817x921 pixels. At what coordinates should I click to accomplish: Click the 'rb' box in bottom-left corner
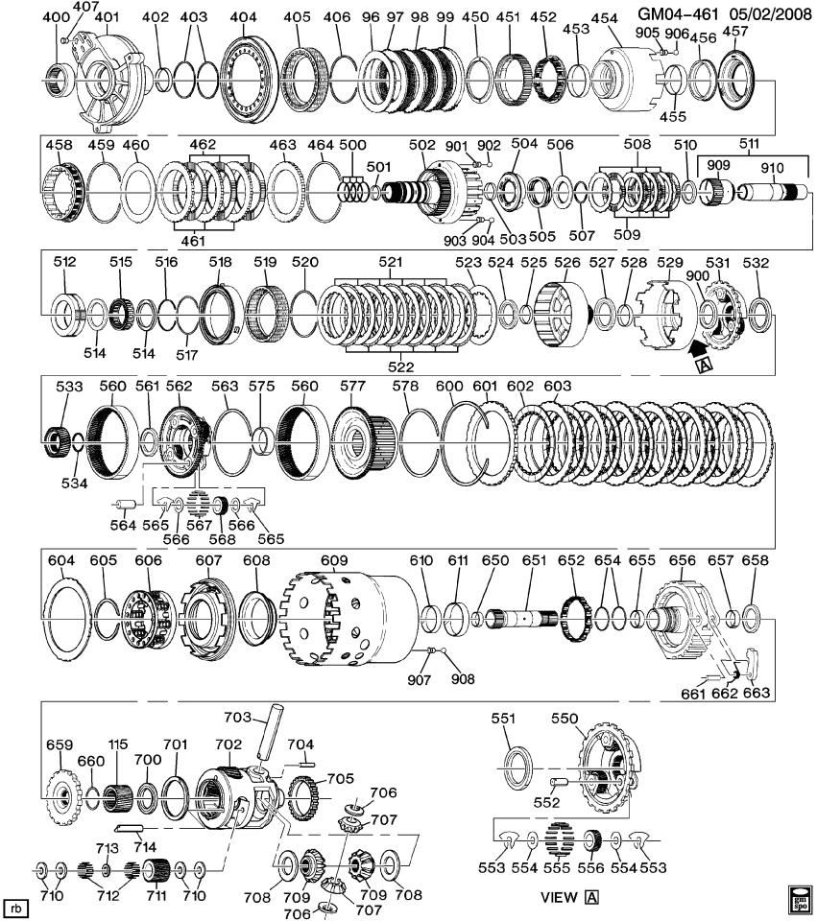[x=15, y=907]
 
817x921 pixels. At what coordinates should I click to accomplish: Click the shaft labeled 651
[x=524, y=620]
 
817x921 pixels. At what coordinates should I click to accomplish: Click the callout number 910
[x=772, y=167]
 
